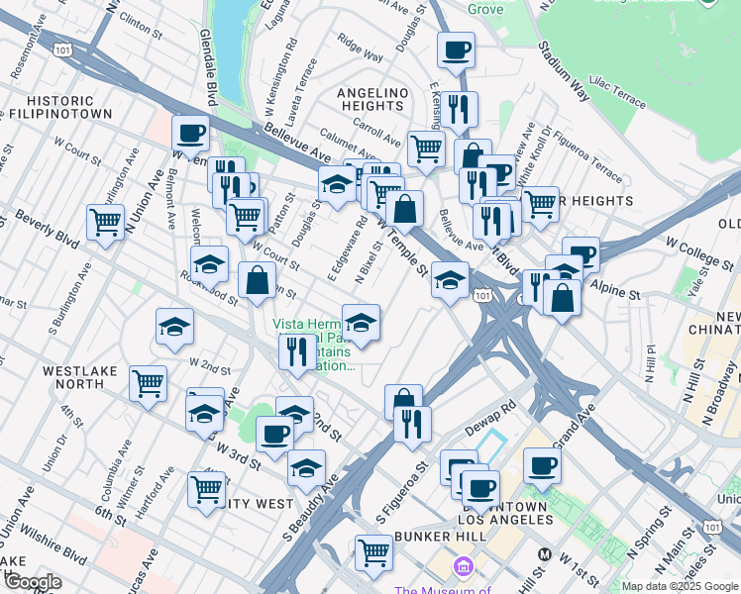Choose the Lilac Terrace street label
pos(617,86)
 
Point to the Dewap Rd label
pos(495,417)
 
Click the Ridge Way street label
pos(360,49)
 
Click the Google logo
pos(32,582)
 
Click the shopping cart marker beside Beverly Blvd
pos(105,222)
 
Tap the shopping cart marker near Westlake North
pos(149,381)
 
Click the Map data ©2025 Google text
pos(680,586)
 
